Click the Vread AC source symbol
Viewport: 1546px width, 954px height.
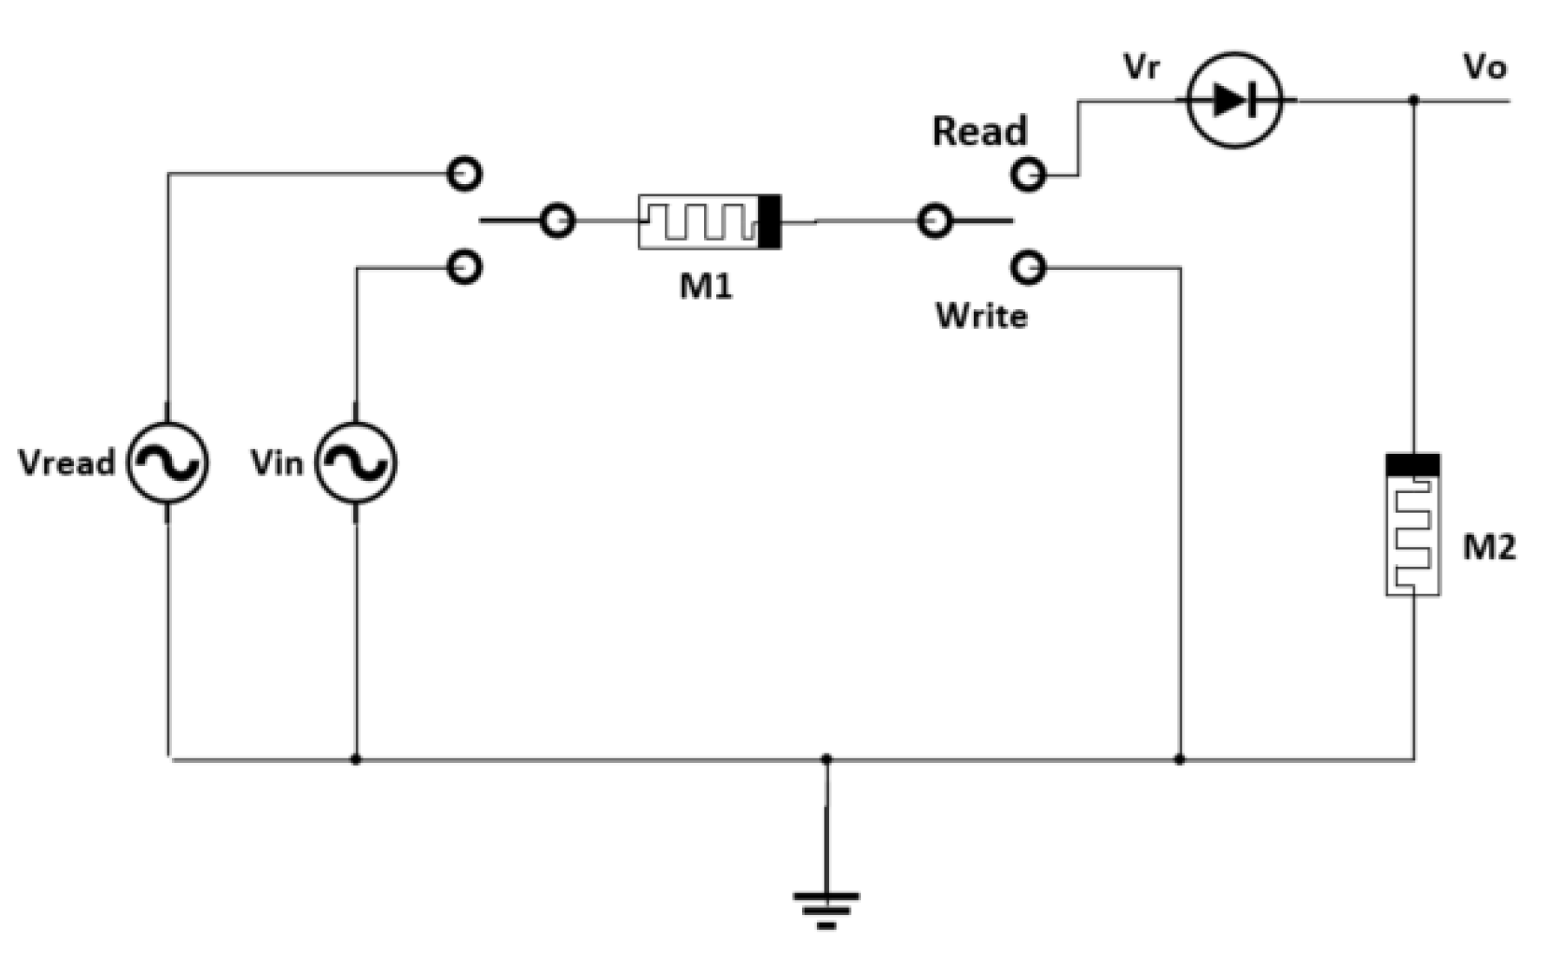pos(168,463)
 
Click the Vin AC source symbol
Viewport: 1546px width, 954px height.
pos(355,463)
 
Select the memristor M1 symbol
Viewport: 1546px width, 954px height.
pos(709,222)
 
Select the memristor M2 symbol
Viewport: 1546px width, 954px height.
pos(1412,525)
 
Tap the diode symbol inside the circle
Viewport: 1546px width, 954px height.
pos(1234,101)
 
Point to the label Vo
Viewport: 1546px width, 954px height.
pos(1484,67)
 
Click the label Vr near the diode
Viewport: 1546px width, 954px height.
pos(1141,67)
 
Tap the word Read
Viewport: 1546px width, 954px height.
pos(979,132)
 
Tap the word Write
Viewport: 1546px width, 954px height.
pos(981,316)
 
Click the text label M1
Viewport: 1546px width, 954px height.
pos(706,286)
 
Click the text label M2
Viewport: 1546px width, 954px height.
pos(1489,548)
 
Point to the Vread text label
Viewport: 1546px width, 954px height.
pos(67,463)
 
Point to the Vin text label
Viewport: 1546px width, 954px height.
pos(277,463)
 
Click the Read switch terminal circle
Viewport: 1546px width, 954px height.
pos(1028,174)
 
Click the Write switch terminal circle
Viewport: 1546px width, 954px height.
pos(1028,267)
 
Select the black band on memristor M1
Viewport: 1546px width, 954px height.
pos(769,222)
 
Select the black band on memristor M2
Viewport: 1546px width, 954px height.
pos(1412,465)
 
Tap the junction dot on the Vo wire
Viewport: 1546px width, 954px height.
pos(1413,101)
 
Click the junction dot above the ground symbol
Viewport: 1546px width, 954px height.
pos(826,760)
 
